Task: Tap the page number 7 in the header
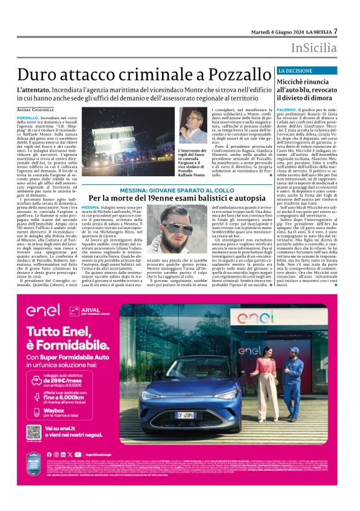point(336,30)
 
